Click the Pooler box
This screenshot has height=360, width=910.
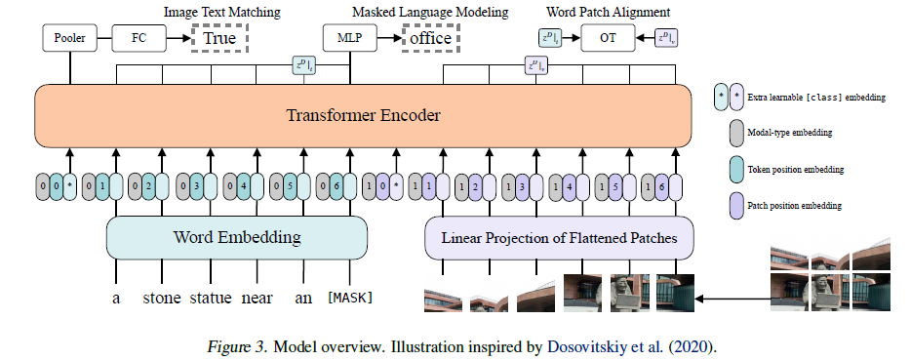(68, 38)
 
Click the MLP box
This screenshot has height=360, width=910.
(348, 38)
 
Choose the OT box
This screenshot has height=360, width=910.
(606, 38)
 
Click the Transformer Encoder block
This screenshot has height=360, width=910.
(363, 115)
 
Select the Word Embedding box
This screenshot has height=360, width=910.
(236, 237)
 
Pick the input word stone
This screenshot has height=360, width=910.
(162, 298)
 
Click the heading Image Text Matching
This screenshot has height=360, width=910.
(222, 12)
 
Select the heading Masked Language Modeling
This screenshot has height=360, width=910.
(431, 12)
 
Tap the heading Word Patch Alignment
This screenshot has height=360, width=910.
(606, 12)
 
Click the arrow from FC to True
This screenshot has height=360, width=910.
(180, 38)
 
